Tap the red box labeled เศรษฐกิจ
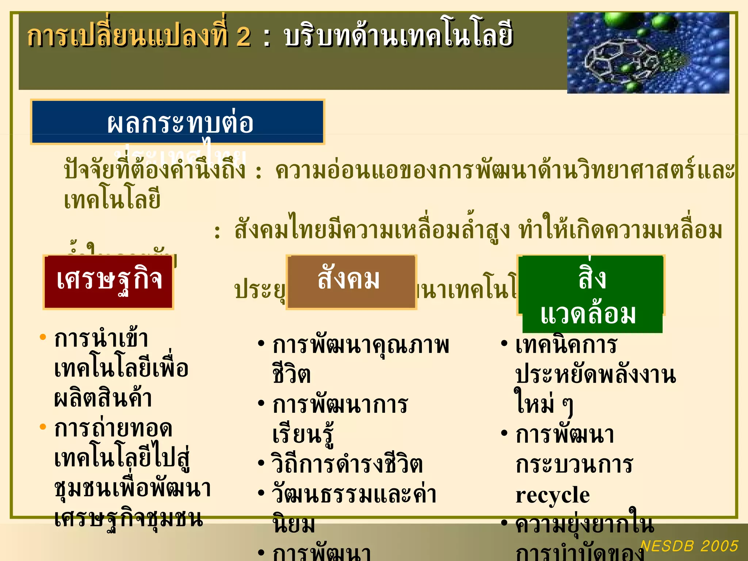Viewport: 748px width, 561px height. (x=108, y=282)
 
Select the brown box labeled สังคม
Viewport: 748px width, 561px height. (x=351, y=282)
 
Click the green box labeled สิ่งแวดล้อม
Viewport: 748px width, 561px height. (x=592, y=294)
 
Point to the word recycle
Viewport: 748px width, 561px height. (x=553, y=495)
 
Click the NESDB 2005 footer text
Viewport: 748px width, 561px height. (x=689, y=546)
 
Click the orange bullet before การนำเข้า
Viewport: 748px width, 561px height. (x=43, y=337)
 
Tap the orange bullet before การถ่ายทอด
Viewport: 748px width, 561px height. (x=43, y=427)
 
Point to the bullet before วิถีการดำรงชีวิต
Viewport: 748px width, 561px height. (x=261, y=463)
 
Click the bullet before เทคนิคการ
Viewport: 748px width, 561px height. (x=504, y=343)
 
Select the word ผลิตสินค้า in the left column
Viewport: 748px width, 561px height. (x=103, y=398)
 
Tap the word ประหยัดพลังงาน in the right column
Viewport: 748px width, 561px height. (x=595, y=375)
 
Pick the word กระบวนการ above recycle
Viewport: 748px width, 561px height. (x=574, y=465)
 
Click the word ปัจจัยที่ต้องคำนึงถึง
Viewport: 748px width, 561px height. (x=155, y=170)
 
